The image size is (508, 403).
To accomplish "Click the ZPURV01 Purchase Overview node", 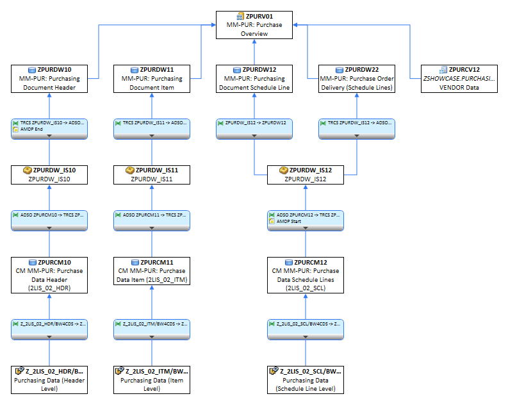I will click(x=254, y=24).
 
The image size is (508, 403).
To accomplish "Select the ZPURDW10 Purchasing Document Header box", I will click(x=49, y=78).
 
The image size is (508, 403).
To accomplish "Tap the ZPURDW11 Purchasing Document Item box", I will click(x=151, y=78).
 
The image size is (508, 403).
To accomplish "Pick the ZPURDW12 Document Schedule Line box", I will click(x=254, y=78).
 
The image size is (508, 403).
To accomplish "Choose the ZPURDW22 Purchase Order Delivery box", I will click(x=357, y=78).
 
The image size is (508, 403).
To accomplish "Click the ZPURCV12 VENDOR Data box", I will click(x=459, y=78).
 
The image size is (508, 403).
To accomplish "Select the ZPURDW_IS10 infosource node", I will click(x=49, y=175).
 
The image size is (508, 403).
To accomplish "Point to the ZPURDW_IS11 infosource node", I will click(x=151, y=175).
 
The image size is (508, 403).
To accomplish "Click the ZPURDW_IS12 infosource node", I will click(x=305, y=175).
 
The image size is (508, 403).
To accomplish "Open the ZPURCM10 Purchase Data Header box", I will click(x=49, y=274).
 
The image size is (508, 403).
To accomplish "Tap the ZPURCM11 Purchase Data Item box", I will click(x=151, y=274).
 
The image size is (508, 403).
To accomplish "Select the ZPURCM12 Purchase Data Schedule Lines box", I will click(x=305, y=274).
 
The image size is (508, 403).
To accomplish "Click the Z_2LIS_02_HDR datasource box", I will click(x=49, y=379).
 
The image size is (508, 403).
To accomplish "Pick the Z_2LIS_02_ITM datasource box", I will click(x=151, y=379).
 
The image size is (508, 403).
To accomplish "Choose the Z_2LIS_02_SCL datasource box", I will click(x=305, y=379).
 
